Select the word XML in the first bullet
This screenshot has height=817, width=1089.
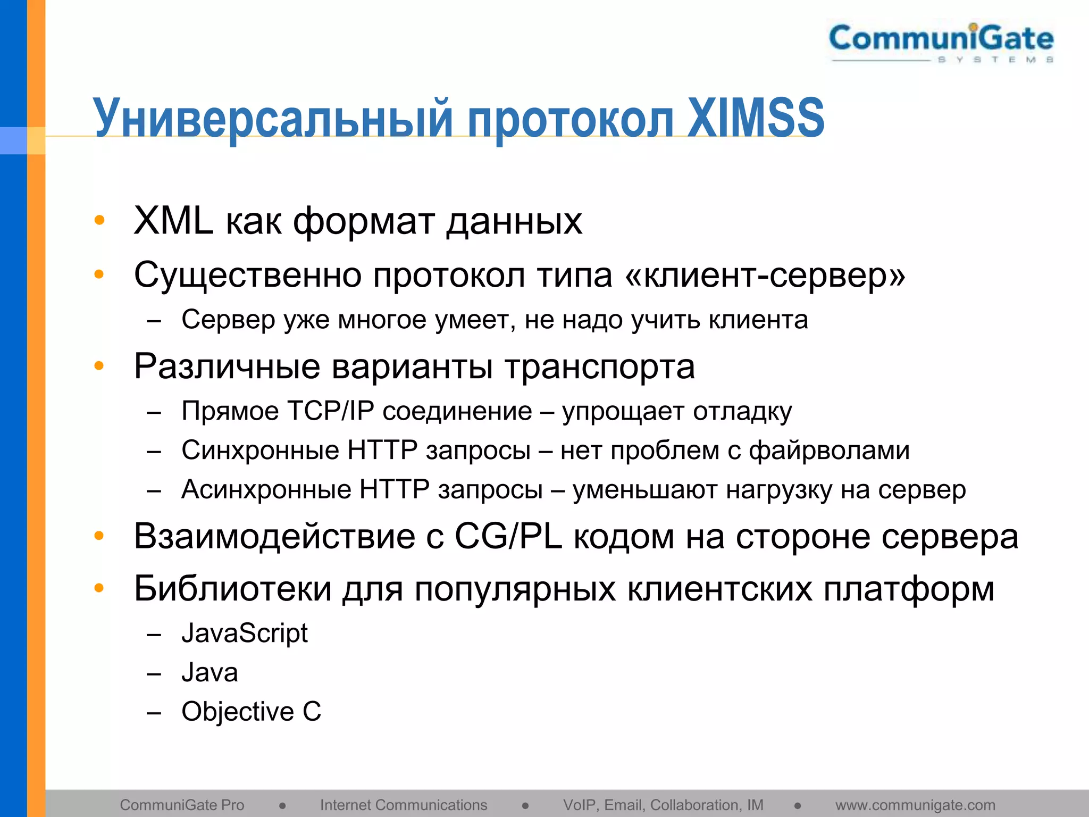pyautogui.click(x=173, y=221)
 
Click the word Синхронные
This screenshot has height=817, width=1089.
pyautogui.click(x=260, y=451)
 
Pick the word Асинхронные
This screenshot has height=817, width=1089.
pyautogui.click(x=266, y=489)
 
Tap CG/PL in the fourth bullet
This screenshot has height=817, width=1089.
pyautogui.click(x=508, y=536)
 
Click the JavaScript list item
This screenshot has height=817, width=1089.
pyautogui.click(x=245, y=633)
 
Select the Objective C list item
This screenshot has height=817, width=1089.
pyautogui.click(x=251, y=712)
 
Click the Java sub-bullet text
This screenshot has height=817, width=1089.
pyautogui.click(x=210, y=672)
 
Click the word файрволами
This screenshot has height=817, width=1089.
pyautogui.click(x=829, y=451)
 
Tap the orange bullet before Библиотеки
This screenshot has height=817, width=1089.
pyautogui.click(x=99, y=588)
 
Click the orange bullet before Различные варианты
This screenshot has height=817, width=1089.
pyautogui.click(x=99, y=366)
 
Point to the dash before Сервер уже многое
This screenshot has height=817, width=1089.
pyautogui.click(x=154, y=321)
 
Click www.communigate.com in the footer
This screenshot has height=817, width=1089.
pyautogui.click(x=915, y=805)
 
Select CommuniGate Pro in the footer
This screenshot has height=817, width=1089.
pyautogui.click(x=182, y=805)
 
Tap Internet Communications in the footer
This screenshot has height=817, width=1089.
pyautogui.click(x=403, y=805)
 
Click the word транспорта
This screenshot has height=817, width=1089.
pyautogui.click(x=599, y=367)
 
